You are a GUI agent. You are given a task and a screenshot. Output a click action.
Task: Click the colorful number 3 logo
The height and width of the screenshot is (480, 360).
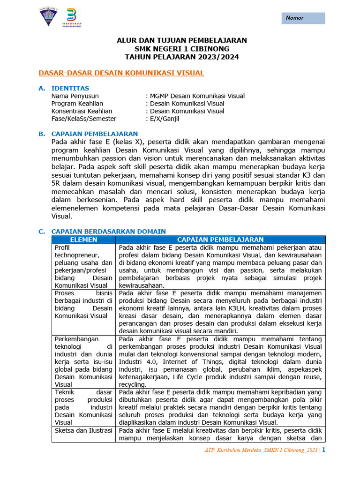pyautogui.click(x=72, y=18)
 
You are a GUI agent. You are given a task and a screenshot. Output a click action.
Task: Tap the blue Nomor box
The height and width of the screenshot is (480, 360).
pyautogui.click(x=303, y=18)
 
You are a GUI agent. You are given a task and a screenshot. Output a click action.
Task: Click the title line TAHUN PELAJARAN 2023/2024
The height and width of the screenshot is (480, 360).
pyautogui.click(x=181, y=57)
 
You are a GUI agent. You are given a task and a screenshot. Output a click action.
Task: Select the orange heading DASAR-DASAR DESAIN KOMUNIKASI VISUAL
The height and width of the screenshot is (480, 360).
pyautogui.click(x=121, y=73)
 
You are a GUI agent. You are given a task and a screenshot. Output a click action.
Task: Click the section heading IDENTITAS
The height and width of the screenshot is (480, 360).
pyautogui.click(x=70, y=88)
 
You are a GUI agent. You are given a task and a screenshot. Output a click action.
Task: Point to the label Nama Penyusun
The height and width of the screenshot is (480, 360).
pyautogui.click(x=75, y=96)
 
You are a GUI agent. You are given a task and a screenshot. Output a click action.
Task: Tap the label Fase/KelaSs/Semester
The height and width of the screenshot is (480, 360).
pyautogui.click(x=84, y=119)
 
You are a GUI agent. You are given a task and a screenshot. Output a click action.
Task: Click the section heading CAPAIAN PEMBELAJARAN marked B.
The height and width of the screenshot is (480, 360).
pyautogui.click(x=94, y=134)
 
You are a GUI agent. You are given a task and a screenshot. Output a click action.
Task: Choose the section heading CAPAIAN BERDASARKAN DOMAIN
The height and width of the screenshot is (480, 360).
pyautogui.click(x=108, y=232)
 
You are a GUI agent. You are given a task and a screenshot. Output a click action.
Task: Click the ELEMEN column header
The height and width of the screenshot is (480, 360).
pyautogui.click(x=83, y=240)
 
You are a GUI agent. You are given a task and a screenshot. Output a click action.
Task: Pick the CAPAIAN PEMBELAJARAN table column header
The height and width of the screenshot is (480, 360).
pyautogui.click(x=220, y=240)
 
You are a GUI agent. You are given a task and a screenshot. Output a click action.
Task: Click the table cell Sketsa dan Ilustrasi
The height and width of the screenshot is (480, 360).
pyautogui.click(x=83, y=430)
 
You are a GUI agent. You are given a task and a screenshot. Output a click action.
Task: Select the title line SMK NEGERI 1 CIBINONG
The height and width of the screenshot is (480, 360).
pyautogui.click(x=181, y=49)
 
